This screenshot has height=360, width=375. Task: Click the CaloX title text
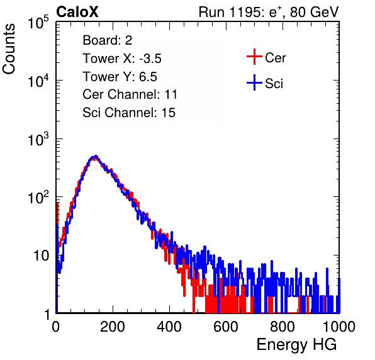(x=77, y=12)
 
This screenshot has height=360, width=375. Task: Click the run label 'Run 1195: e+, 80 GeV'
(x=269, y=12)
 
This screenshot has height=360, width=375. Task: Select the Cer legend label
(x=275, y=58)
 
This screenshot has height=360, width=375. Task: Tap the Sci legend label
(x=274, y=84)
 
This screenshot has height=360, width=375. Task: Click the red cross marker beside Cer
(x=254, y=57)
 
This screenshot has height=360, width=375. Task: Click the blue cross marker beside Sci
(x=254, y=82)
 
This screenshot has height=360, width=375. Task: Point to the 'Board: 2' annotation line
(x=108, y=40)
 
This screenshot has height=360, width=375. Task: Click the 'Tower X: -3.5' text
(x=122, y=59)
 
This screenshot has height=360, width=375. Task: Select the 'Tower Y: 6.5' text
(x=120, y=77)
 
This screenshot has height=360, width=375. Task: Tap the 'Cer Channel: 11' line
(x=130, y=94)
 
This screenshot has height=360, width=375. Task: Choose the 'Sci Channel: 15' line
(x=129, y=113)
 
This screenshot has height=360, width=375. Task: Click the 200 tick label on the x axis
(x=113, y=327)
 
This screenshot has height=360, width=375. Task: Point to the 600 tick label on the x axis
(x=226, y=327)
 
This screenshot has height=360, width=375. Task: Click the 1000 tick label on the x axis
(x=339, y=327)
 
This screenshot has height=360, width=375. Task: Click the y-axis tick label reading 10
(x=41, y=256)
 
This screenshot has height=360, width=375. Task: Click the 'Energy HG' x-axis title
(x=296, y=345)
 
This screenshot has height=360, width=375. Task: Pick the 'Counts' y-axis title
(x=9, y=49)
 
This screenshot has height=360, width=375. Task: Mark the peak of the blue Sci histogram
(x=96, y=156)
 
